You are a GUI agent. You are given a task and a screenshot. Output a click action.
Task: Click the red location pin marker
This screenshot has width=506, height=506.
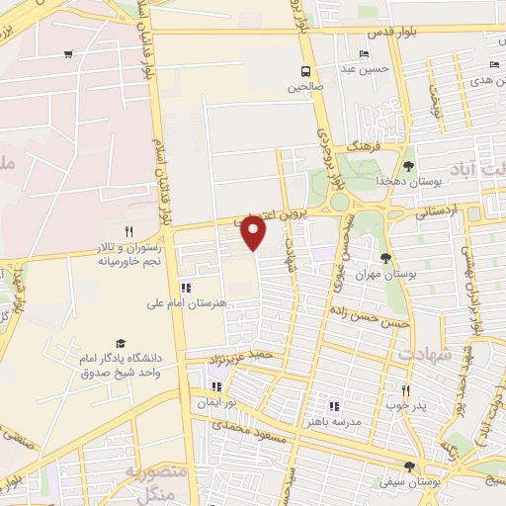(x=255, y=232)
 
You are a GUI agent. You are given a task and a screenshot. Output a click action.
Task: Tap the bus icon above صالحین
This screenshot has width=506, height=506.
(x=305, y=71)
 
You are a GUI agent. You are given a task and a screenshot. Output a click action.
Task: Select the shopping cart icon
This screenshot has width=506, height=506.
(x=67, y=55)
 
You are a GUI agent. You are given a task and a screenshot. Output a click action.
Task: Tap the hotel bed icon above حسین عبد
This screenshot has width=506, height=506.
(x=364, y=53)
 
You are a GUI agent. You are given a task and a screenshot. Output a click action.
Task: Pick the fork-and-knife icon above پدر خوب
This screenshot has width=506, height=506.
(x=404, y=390)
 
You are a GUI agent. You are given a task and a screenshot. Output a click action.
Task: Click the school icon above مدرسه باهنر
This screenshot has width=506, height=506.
(x=333, y=405)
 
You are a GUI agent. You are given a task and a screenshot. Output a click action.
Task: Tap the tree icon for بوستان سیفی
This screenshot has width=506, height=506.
(x=409, y=466)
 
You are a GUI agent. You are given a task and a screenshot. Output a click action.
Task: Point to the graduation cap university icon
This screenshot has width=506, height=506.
(x=121, y=342)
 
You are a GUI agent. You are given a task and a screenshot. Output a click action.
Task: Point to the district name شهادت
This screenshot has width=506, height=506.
(x=428, y=353)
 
